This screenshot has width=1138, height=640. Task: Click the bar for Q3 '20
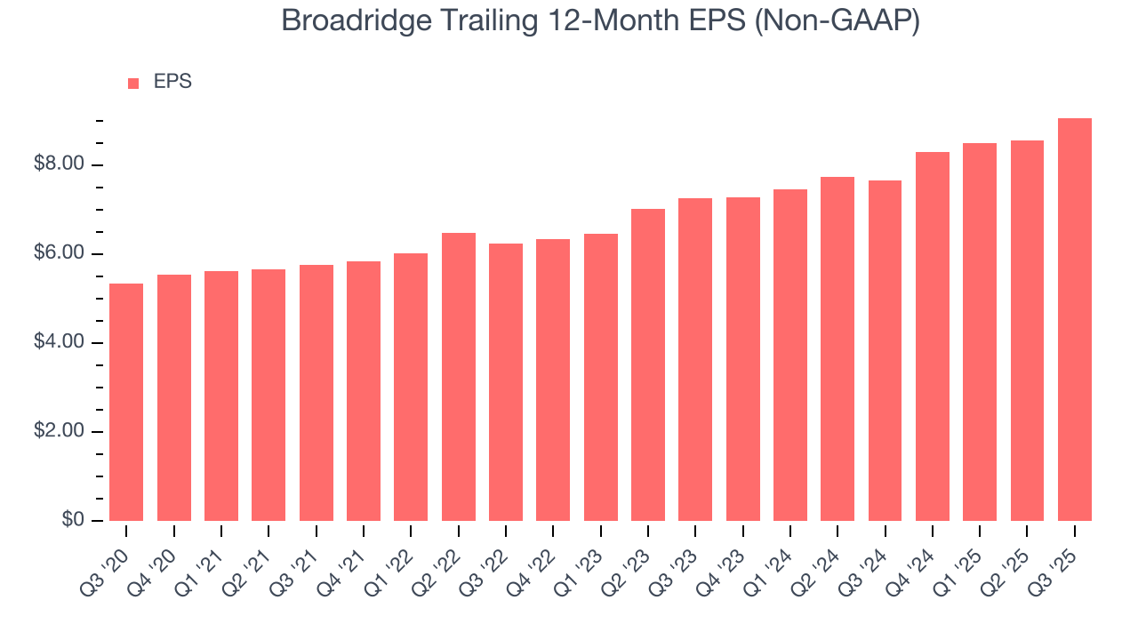pyautogui.click(x=126, y=402)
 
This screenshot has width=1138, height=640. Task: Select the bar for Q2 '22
pyautogui.click(x=458, y=377)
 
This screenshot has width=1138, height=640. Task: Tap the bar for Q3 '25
pyautogui.click(x=1074, y=319)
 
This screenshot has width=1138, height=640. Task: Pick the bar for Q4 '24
pyautogui.click(x=932, y=336)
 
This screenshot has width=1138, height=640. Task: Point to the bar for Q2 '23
pyautogui.click(x=648, y=364)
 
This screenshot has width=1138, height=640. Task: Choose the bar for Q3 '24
pyautogui.click(x=885, y=350)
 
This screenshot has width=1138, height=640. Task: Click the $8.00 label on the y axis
pyautogui.click(x=60, y=164)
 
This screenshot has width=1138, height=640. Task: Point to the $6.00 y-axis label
pyautogui.click(x=60, y=254)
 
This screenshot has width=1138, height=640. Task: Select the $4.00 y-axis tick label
pyautogui.click(x=60, y=342)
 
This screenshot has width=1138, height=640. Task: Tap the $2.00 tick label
pyautogui.click(x=60, y=431)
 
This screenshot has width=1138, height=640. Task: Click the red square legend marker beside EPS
pyautogui.click(x=133, y=83)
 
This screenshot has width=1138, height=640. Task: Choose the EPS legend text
pyautogui.click(x=172, y=82)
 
